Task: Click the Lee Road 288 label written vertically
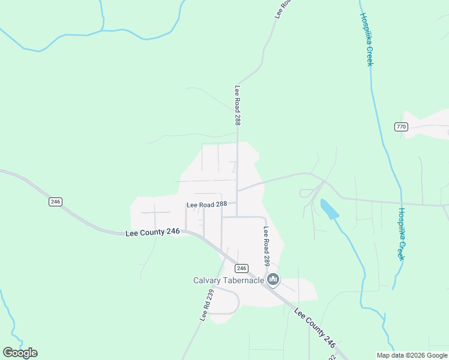pyautogui.click(x=238, y=105)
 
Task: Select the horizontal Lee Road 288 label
pyautogui.click(x=206, y=205)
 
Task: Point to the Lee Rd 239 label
pyautogui.click(x=206, y=305)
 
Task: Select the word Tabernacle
pyautogui.click(x=245, y=280)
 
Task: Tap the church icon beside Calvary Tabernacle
pyautogui.click(x=273, y=280)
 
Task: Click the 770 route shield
pyautogui.click(x=402, y=127)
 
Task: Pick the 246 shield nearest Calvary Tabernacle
pyautogui.click(x=242, y=268)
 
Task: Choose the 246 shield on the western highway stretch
pyautogui.click(x=56, y=202)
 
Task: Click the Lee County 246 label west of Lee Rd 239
pyautogui.click(x=153, y=233)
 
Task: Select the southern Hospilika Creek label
pyautogui.click(x=402, y=234)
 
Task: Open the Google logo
pyautogui.click(x=20, y=353)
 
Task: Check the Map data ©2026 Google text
pyautogui.click(x=412, y=355)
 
